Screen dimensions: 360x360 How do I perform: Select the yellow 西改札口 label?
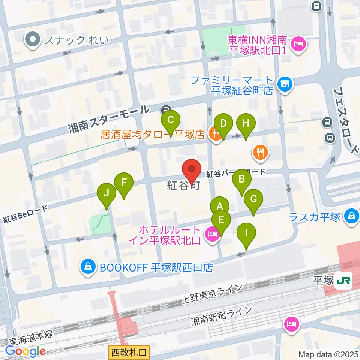129,352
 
